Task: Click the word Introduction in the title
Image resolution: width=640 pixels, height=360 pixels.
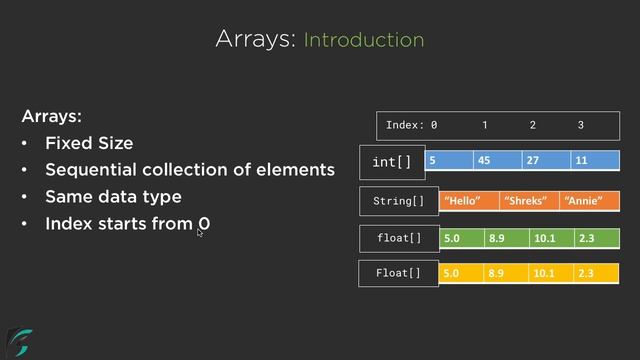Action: tap(363, 40)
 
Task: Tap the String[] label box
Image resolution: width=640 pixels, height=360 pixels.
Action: tap(398, 201)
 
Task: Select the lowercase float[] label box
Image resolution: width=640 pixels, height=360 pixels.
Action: tap(398, 239)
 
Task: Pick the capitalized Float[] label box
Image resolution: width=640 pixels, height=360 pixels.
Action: tap(398, 273)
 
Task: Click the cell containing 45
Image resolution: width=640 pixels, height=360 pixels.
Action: tap(498, 160)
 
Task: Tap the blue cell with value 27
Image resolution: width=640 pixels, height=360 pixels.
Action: tap(546, 160)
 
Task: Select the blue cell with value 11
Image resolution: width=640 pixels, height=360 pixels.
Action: tap(595, 160)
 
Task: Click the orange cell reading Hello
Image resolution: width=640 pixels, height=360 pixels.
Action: tap(469, 201)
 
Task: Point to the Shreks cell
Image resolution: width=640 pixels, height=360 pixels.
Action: tap(529, 201)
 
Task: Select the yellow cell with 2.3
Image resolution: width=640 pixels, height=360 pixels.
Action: tap(597, 273)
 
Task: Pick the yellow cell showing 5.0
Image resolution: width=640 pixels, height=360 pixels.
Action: tap(461, 273)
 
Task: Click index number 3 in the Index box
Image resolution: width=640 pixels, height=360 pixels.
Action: tap(580, 126)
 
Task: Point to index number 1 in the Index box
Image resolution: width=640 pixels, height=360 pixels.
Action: tap(485, 126)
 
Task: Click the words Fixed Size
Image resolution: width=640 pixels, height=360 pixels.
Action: tap(88, 143)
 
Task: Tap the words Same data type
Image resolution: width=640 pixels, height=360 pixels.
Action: tap(113, 197)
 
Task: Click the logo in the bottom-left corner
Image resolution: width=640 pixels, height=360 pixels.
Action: tap(19, 341)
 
